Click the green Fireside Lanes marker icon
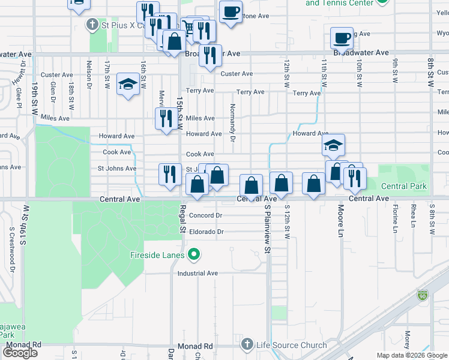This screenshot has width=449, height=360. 193,256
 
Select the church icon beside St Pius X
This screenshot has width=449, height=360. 92,25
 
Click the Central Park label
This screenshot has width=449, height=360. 404,186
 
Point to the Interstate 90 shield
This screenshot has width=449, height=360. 423,295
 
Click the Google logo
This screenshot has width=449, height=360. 21,353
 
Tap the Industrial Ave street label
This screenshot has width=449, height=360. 197,273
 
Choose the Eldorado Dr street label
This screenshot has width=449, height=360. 206,232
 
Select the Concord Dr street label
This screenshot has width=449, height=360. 206,215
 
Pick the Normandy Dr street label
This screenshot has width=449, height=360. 232,122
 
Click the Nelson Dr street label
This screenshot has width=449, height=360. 89,71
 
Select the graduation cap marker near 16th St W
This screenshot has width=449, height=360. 128,85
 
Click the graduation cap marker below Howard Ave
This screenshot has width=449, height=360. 333,145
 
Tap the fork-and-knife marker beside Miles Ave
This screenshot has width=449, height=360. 165,119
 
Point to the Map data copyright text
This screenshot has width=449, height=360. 412,355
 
